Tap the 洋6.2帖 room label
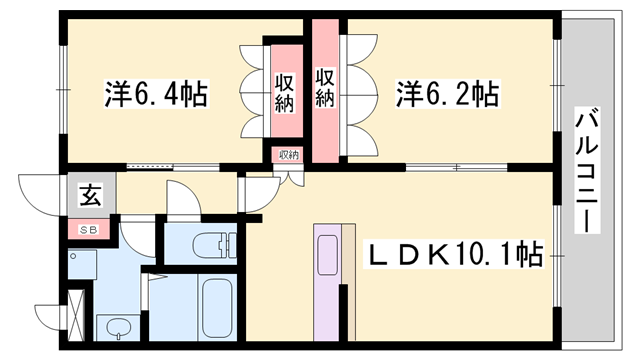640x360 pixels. (447, 95)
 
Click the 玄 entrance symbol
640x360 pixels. (90, 196)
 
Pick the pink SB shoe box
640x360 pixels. (90, 229)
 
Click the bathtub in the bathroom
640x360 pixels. (217, 306)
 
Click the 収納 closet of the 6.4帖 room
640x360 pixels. (285, 93)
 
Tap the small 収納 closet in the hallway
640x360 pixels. (289, 155)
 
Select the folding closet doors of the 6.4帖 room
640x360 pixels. (252, 93)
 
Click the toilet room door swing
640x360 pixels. (184, 200)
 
